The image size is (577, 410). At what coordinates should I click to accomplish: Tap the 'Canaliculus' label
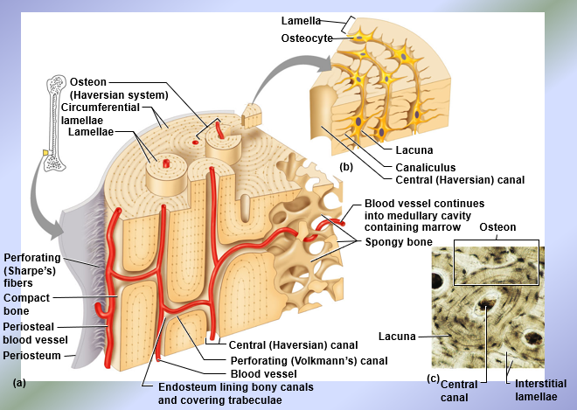click(x=426, y=167)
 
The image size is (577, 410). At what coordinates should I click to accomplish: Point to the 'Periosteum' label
click(x=31, y=356)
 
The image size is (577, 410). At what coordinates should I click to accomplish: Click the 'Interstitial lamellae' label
click(x=535, y=390)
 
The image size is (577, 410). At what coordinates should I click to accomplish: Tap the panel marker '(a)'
click(x=20, y=383)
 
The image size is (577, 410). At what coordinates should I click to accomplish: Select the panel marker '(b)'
click(x=346, y=164)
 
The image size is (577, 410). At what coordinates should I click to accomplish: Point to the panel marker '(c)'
click(x=433, y=378)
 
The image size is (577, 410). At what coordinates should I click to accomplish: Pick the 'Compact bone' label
click(x=27, y=303)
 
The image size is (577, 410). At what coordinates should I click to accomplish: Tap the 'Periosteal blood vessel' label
click(x=36, y=333)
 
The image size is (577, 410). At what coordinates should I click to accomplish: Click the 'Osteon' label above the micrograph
click(x=497, y=227)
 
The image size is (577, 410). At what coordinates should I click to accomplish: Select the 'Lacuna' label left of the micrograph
click(x=396, y=336)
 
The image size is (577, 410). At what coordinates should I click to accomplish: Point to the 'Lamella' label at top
click(x=301, y=20)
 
